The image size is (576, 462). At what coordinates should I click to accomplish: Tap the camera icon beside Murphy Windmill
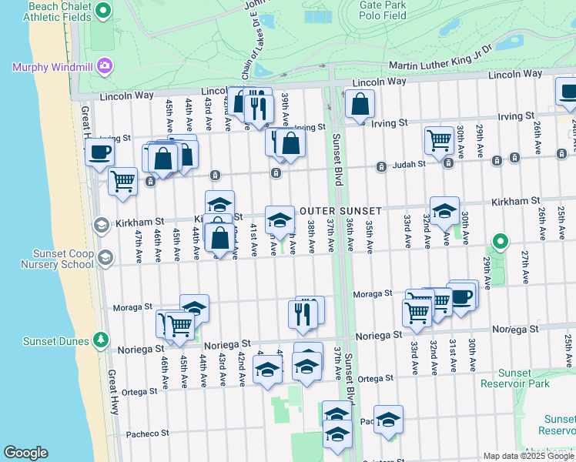coord(104,67)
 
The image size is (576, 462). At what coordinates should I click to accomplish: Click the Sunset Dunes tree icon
coord(100,339)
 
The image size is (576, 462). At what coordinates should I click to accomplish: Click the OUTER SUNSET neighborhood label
coord(340,211)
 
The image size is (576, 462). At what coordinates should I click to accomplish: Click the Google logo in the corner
coord(25,453)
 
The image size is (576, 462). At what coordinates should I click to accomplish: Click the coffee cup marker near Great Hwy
coord(99,152)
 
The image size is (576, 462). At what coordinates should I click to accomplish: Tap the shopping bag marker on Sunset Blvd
coord(360,103)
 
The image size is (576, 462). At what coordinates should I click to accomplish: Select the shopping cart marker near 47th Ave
coord(122,182)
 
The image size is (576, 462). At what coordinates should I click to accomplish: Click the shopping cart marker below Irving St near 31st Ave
coord(439,140)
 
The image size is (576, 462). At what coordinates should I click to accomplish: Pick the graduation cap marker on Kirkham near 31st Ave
coord(444,211)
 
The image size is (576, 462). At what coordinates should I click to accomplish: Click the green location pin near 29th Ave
coord(500,243)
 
